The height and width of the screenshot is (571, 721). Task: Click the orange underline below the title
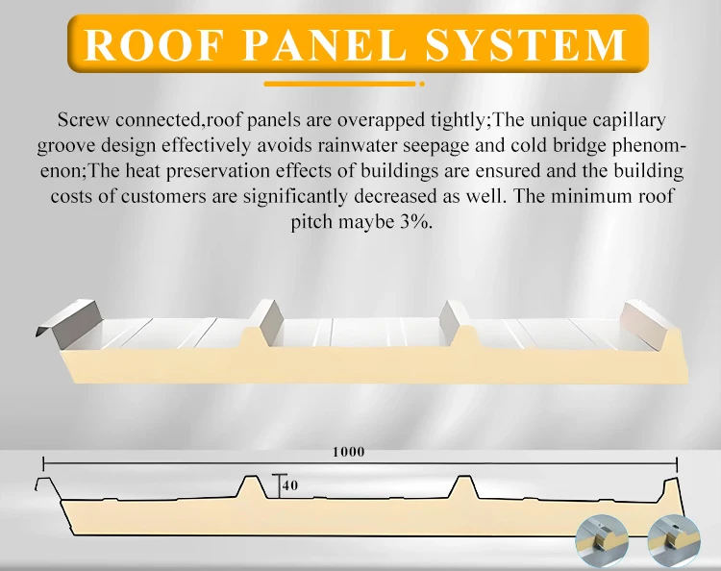[x=342, y=85]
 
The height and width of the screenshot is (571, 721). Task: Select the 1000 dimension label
[x=349, y=452]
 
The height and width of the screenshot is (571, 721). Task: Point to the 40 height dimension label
[x=290, y=485]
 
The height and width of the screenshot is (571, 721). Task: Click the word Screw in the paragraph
[x=83, y=121]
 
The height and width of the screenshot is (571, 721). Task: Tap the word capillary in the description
[x=631, y=121]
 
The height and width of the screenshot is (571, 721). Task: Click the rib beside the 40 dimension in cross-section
[x=252, y=485]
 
